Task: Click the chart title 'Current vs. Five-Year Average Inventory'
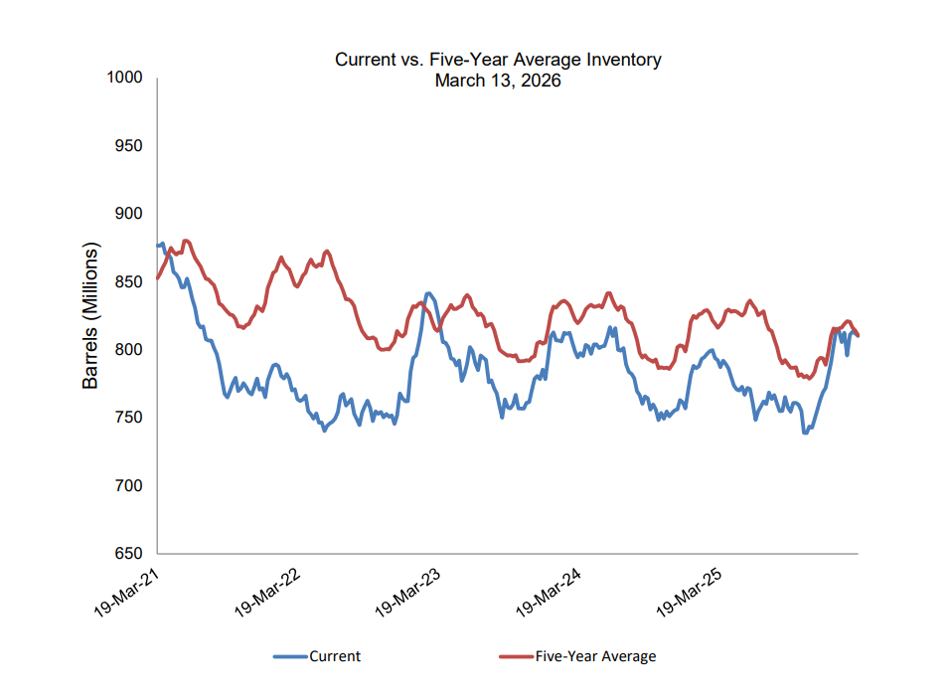click(x=498, y=60)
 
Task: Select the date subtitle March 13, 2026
click(x=498, y=81)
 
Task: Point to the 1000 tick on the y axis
click(x=125, y=79)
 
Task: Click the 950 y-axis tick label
click(x=129, y=146)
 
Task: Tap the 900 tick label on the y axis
click(x=129, y=214)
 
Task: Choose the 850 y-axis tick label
click(x=129, y=282)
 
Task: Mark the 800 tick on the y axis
click(x=129, y=350)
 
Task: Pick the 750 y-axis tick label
click(x=129, y=418)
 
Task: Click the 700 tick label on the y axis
click(x=129, y=486)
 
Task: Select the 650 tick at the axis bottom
click(x=129, y=554)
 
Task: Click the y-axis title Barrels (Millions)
click(x=90, y=315)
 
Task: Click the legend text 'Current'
click(x=335, y=656)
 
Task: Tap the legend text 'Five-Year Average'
click(x=595, y=656)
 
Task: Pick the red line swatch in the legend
click(x=515, y=656)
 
